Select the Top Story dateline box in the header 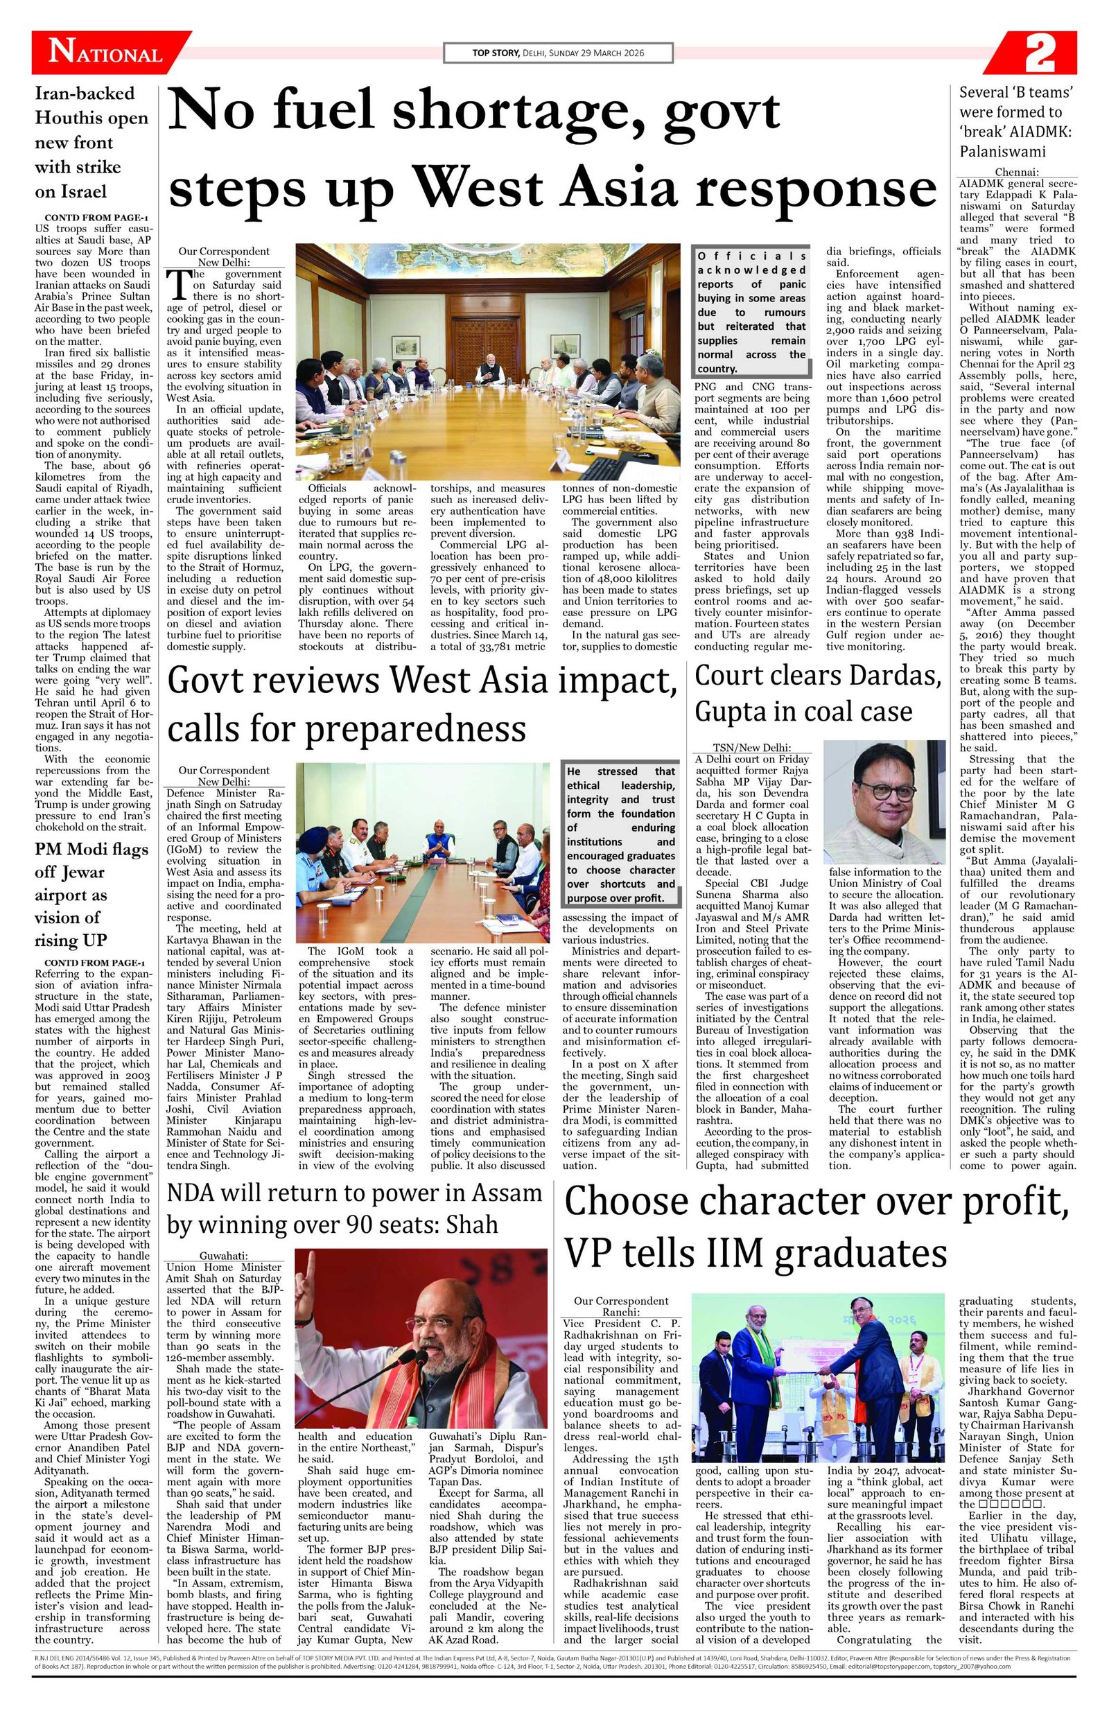pos(558,53)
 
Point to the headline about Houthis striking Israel pos(91,142)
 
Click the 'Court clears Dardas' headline pos(819,694)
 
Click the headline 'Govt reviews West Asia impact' pos(421,704)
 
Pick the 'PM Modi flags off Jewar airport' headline pos(91,895)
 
